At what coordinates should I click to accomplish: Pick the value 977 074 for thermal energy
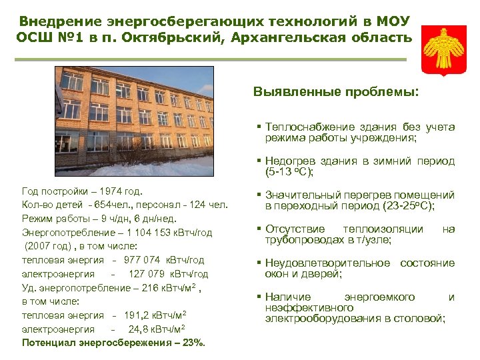141,260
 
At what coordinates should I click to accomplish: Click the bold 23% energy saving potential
193,343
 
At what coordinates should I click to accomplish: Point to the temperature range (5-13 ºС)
289,172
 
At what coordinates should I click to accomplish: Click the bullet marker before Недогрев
258,161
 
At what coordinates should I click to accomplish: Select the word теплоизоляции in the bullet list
388,229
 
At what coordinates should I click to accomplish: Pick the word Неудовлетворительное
327,263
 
